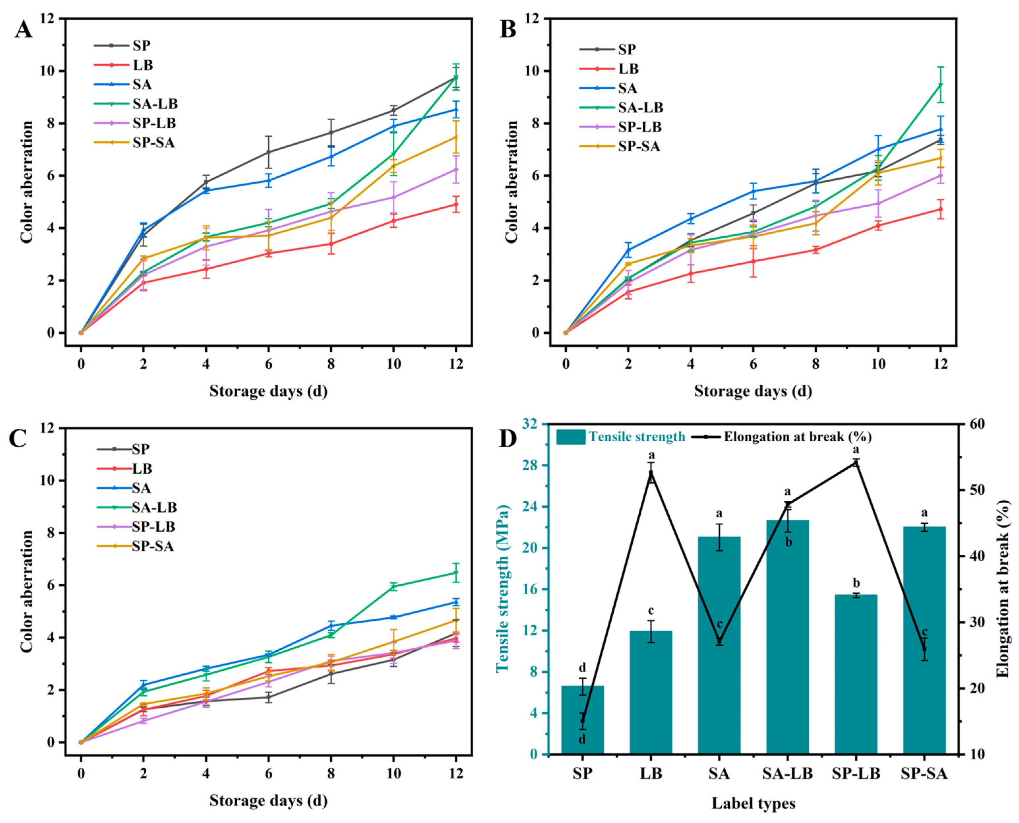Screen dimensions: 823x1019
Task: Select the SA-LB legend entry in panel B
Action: [640, 108]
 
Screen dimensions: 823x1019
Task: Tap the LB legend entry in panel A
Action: [143, 65]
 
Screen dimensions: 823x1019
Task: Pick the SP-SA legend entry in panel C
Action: [153, 546]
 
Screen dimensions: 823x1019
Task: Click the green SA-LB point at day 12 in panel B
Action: [940, 85]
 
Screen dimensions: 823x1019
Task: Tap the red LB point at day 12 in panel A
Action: [456, 204]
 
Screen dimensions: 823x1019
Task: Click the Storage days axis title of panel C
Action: [268, 801]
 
